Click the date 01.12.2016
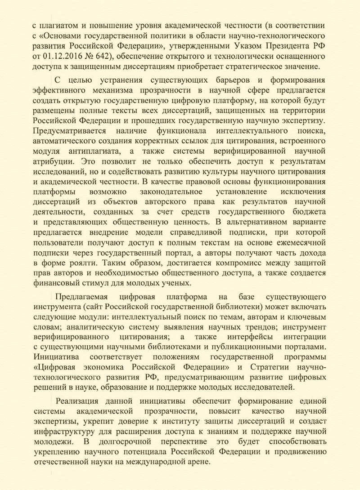click(63, 56)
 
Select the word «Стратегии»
click(273, 368)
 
